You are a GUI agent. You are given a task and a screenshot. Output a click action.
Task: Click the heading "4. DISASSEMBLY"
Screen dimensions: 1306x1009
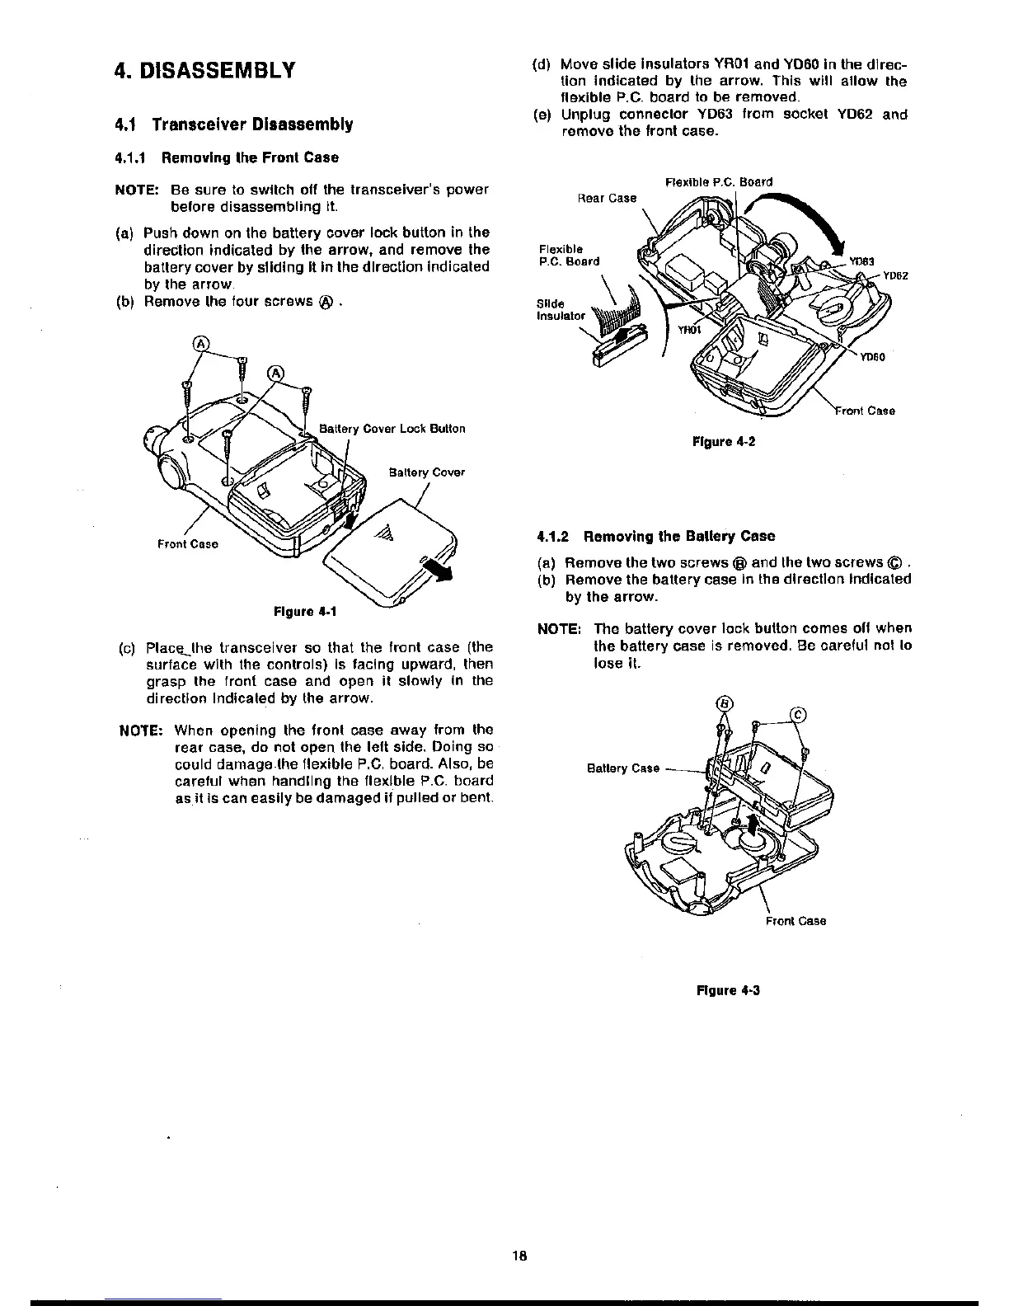click(x=204, y=70)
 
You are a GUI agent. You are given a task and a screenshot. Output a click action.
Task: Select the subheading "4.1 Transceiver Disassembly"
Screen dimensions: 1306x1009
click(x=233, y=124)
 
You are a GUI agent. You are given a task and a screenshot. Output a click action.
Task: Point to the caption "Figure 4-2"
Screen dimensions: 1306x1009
click(x=724, y=442)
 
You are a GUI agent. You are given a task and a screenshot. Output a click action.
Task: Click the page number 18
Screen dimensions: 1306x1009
click(x=519, y=1257)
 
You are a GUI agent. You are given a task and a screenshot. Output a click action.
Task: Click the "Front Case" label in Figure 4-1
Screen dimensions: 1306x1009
click(x=188, y=543)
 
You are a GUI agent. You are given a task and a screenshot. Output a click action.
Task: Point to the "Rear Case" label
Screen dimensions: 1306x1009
click(x=608, y=198)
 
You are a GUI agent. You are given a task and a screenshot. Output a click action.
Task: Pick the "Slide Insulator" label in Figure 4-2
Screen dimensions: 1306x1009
click(x=560, y=308)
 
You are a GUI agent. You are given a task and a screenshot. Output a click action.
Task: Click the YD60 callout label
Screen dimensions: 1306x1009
click(x=871, y=357)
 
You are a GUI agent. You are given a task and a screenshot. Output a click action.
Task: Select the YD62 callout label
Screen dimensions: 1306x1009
click(x=894, y=275)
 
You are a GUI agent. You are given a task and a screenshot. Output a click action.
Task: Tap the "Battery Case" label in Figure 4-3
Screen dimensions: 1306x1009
click(x=622, y=768)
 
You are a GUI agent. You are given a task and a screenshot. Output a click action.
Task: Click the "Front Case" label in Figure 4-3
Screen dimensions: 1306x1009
click(x=795, y=921)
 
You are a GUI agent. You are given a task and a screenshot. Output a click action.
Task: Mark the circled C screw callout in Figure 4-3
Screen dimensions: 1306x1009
click(x=800, y=715)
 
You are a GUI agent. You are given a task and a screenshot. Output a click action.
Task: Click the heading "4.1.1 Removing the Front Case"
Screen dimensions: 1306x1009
click(x=226, y=157)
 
